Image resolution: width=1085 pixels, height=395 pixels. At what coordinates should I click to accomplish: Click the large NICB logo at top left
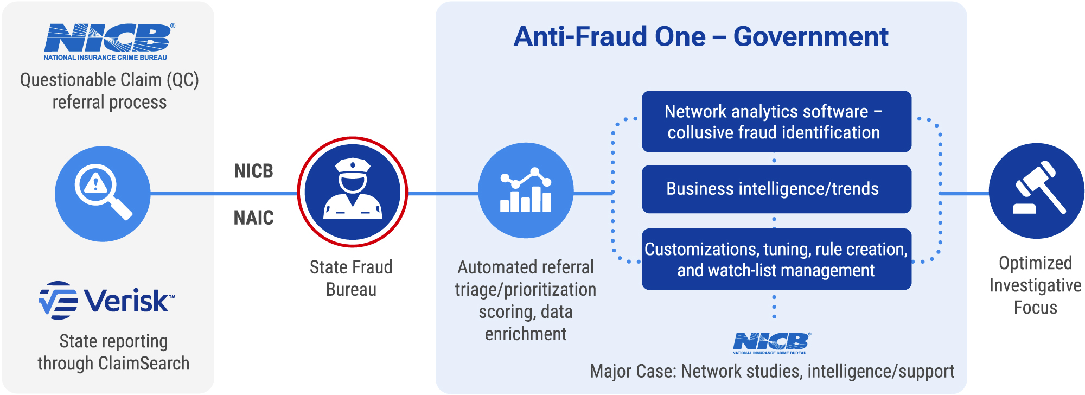pyautogui.click(x=108, y=41)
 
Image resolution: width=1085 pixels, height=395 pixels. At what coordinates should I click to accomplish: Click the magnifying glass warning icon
pyautogui.click(x=103, y=193)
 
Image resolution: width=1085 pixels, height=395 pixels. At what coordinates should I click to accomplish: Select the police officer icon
pyautogui.click(x=353, y=192)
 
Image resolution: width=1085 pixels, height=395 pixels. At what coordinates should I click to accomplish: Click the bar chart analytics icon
pyautogui.click(x=525, y=190)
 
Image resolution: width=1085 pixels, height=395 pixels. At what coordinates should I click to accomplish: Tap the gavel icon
pyautogui.click(x=1036, y=190)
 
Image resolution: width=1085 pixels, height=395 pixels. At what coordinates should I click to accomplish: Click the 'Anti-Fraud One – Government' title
pyautogui.click(x=700, y=37)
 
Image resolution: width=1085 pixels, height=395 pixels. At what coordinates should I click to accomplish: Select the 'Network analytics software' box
pyautogui.click(x=776, y=122)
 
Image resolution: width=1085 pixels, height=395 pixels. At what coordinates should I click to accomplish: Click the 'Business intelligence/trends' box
pyautogui.click(x=776, y=189)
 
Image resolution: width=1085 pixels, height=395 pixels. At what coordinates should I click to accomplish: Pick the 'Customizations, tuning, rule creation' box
pyautogui.click(x=776, y=259)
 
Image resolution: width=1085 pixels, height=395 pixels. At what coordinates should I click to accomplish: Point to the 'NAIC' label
pyautogui.click(x=253, y=218)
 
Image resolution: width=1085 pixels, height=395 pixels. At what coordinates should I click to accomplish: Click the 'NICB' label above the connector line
pyautogui.click(x=253, y=171)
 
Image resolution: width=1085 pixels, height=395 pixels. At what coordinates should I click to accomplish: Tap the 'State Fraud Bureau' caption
pyautogui.click(x=351, y=278)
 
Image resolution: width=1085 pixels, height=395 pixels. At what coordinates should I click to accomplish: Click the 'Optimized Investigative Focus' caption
pyautogui.click(x=1035, y=285)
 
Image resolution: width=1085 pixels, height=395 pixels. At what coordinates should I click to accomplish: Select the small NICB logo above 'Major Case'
pyautogui.click(x=770, y=343)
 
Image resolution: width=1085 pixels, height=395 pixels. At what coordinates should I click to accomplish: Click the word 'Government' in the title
pyautogui.click(x=810, y=37)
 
